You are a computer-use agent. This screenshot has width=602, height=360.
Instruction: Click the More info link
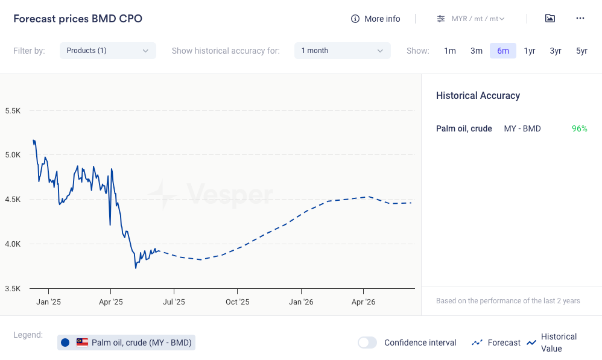pyautogui.click(x=376, y=19)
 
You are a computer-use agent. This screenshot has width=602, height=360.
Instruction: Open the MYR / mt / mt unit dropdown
pyautogui.click(x=471, y=19)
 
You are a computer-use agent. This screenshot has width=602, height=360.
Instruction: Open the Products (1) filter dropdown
pyautogui.click(x=107, y=51)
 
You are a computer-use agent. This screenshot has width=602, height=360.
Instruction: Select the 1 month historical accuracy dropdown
pyautogui.click(x=342, y=51)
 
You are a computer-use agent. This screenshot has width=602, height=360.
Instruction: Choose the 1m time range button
pyautogui.click(x=450, y=51)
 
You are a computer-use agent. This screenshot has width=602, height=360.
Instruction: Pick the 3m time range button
pyautogui.click(x=477, y=51)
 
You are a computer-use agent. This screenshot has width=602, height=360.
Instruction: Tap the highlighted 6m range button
pyautogui.click(x=503, y=51)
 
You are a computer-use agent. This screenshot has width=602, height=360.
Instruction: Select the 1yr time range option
pyautogui.click(x=530, y=51)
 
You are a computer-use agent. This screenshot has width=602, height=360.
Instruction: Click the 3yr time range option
pyautogui.click(x=556, y=51)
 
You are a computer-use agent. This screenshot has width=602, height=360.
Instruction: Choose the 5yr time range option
pyautogui.click(x=581, y=51)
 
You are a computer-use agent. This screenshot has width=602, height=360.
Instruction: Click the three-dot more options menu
pyautogui.click(x=580, y=18)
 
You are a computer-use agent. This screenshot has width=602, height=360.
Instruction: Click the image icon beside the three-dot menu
pyautogui.click(x=550, y=18)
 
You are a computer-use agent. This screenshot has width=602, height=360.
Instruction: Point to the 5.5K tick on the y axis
pyautogui.click(x=13, y=111)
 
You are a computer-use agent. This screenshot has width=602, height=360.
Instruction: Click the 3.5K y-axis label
pyautogui.click(x=13, y=288)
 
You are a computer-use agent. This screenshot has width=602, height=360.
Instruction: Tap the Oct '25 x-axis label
pyautogui.click(x=237, y=302)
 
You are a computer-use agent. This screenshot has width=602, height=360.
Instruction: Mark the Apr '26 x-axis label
pyautogui.click(x=363, y=302)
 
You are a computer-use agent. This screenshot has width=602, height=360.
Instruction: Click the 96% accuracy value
pyautogui.click(x=579, y=128)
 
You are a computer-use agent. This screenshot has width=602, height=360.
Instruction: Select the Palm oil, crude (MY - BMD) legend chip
pyautogui.click(x=127, y=343)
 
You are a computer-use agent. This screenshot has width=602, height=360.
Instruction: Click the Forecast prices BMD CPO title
pyautogui.click(x=78, y=19)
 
